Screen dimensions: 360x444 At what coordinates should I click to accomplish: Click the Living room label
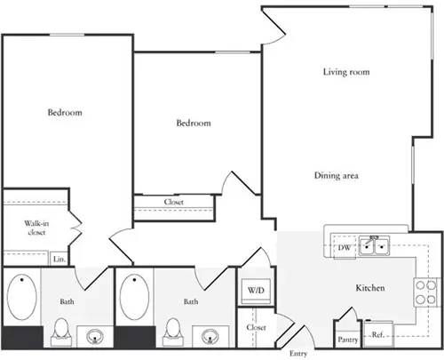pos(345,72)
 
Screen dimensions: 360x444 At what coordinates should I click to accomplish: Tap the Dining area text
pos(336,176)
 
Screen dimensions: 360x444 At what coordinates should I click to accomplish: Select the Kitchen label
pos(369,289)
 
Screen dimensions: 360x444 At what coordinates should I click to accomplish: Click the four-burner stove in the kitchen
pos(424,291)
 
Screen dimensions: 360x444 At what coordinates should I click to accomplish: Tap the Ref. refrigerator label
pos(377,335)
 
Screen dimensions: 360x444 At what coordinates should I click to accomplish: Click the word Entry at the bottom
pos(297,353)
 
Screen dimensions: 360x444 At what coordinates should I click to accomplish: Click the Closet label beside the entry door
pos(257,327)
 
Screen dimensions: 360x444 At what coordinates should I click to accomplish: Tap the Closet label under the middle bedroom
pos(174,202)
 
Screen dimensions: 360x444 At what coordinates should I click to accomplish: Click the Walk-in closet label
pos(36,228)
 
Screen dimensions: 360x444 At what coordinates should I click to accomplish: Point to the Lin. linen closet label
pos(59,259)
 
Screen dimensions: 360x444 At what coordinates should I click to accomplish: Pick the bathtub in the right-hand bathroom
pos(136,298)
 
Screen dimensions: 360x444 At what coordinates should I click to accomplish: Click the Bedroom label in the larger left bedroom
pos(65,113)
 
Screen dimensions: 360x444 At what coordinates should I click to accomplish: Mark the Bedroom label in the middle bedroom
pos(193,123)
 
